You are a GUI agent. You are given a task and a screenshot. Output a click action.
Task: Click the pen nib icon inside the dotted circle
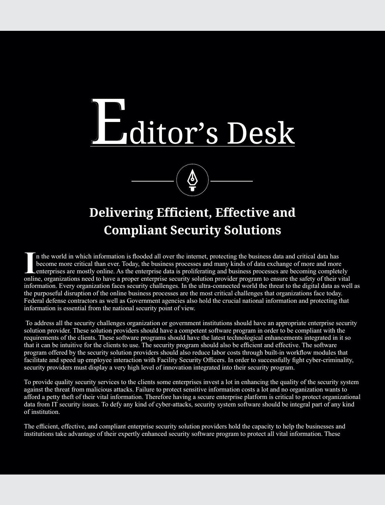coord(192,180)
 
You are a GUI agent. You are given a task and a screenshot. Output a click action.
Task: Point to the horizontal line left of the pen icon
coord(153,181)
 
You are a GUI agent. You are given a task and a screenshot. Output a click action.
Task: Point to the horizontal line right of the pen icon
coord(231,181)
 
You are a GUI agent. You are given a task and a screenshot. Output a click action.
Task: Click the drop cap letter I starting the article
coord(30,263)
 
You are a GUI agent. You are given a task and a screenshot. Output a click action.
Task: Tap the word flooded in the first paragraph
coord(142,256)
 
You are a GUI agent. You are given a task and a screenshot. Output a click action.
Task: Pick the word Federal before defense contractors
coord(34,301)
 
